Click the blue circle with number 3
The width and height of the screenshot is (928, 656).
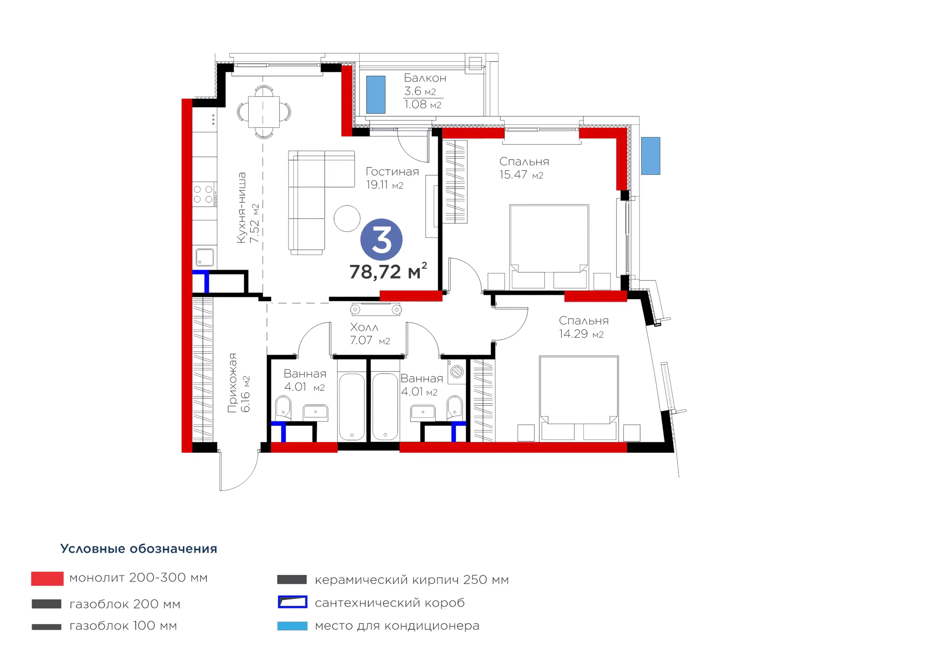tap(381, 239)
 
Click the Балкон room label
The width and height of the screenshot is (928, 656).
tap(425, 78)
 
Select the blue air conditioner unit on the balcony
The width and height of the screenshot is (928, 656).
tap(376, 95)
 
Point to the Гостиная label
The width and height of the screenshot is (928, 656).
tap(392, 171)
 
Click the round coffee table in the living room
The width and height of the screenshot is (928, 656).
tap(347, 218)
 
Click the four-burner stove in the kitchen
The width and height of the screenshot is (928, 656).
tap(203, 194)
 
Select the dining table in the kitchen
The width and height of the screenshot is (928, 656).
tap(264, 112)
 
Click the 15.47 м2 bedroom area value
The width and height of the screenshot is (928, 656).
tap(521, 175)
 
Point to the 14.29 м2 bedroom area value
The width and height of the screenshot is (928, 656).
tap(581, 334)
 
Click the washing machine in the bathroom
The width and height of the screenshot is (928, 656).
tap(457, 371)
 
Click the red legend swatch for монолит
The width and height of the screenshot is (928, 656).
tap(47, 578)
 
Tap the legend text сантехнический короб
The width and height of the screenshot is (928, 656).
tap(390, 603)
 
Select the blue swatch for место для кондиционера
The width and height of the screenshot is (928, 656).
tap(292, 626)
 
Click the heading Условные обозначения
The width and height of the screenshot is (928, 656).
tap(138, 548)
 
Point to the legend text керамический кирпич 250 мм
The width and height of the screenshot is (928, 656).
tap(412, 580)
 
